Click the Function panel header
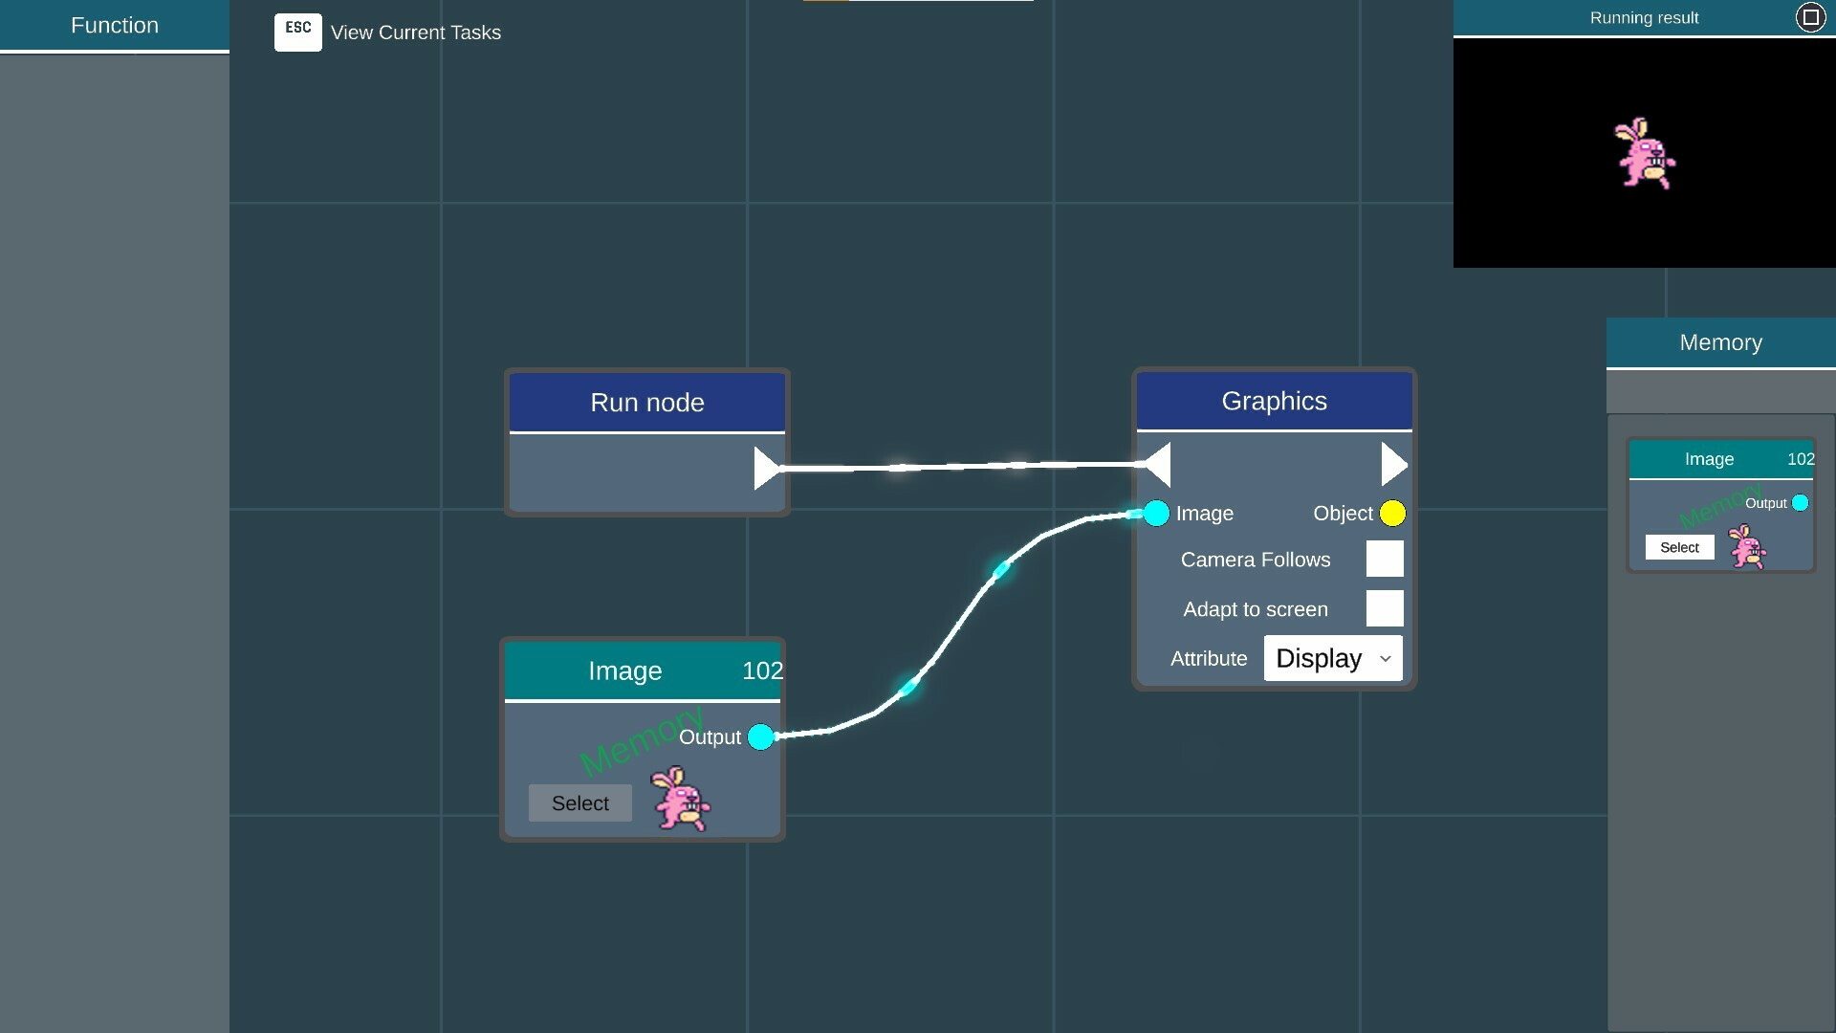115,26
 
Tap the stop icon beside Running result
1810,17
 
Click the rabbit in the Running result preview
1645,153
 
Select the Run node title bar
647,403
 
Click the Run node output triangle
767,468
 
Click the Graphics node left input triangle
1158,465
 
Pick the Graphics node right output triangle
1394,465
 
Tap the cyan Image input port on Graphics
1156,514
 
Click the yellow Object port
1392,514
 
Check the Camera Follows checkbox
1385,559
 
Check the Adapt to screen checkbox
1385,608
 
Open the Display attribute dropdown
1333,658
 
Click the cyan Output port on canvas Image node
760,737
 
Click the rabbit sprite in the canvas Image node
681,799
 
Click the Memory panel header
1721,342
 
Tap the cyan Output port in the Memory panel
1800,503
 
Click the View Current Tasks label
416,33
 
